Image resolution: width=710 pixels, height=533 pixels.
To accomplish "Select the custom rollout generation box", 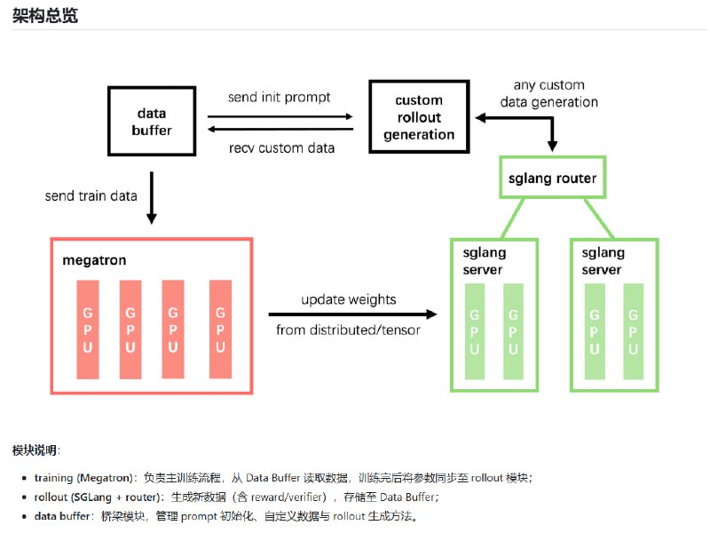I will pos(419,117).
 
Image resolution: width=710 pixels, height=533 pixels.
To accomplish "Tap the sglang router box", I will pos(552,179).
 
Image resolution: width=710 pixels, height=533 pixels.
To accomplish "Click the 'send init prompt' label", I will pos(279,97).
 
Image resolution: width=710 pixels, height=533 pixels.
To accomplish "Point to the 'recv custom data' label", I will pos(282,147).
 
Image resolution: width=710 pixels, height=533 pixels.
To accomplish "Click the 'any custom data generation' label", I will pos(548,93).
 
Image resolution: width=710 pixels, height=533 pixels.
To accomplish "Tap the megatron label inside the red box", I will pos(94,260).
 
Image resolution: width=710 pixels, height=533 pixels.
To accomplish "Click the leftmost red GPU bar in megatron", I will pos(88,329).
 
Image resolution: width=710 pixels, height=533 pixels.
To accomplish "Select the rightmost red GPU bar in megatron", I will pos(220,329).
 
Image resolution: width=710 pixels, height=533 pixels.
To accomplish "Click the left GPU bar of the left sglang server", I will pos(474,330).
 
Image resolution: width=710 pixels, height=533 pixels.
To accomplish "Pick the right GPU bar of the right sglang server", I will pos(633,330).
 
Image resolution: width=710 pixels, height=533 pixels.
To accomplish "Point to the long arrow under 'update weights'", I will pos(352,314).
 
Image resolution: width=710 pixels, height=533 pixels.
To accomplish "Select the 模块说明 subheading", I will pos(36,450).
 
